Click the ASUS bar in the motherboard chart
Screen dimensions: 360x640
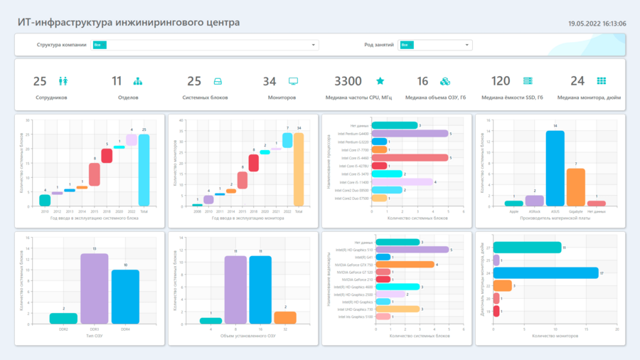555,169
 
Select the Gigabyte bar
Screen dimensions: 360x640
575,187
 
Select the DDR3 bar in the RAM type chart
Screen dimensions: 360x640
94,288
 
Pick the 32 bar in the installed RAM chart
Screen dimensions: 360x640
285,317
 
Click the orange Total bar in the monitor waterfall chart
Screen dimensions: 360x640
299,169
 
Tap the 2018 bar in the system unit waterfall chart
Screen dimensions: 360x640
107,156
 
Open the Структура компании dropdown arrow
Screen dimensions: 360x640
314,45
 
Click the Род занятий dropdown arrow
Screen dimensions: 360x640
467,45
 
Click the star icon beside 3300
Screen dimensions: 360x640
380,81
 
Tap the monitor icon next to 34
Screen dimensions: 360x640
293,81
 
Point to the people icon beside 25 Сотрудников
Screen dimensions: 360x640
63,81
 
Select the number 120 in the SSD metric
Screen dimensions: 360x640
501,81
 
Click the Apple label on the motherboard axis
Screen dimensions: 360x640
513,211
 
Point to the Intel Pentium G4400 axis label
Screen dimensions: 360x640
354,133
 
